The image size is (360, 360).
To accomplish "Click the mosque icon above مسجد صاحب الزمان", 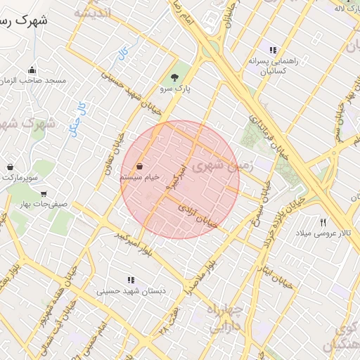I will tap(32, 70).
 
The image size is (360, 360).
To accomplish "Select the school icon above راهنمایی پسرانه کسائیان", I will tap(273, 50).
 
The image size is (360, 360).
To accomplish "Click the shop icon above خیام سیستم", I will tap(141, 167).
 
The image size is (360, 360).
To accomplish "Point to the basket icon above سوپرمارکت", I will tap(11, 167).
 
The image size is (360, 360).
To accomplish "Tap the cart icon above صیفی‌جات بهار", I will tap(44, 193).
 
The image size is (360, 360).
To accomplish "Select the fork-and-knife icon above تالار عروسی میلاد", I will tap(323, 221).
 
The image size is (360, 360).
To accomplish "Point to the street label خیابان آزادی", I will tap(198, 215).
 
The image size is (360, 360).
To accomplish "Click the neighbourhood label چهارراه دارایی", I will tap(225, 317).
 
